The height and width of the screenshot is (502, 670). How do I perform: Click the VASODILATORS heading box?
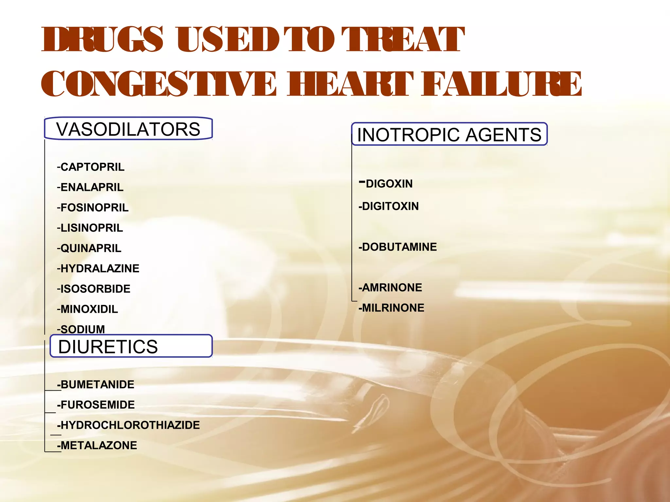coord(128,129)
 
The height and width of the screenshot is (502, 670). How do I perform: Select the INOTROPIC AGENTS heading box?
coord(449,134)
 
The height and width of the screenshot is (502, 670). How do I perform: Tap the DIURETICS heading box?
coord(131,346)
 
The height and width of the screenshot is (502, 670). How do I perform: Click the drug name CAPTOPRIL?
coord(91,167)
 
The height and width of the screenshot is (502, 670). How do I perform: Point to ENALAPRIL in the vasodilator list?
coord(90,187)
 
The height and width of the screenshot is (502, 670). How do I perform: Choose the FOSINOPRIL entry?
coord(93,208)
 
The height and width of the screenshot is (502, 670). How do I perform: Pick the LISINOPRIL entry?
coord(90,228)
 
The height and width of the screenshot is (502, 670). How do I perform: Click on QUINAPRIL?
coord(89,248)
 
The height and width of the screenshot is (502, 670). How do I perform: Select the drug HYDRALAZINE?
coord(98,268)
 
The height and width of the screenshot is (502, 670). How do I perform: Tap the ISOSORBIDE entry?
coord(94,289)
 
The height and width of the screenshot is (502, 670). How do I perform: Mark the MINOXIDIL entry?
coord(87,309)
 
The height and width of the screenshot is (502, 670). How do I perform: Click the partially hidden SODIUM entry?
coord(81,329)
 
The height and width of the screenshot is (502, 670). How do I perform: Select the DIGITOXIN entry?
coord(389,206)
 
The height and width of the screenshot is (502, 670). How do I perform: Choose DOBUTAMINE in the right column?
coord(398,247)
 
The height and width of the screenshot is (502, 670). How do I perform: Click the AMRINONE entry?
coord(390,287)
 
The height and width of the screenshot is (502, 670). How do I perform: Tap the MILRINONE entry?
coord(392,308)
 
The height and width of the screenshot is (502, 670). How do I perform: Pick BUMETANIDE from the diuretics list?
coord(96,384)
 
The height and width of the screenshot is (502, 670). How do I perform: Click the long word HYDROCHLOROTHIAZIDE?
coord(129,425)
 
